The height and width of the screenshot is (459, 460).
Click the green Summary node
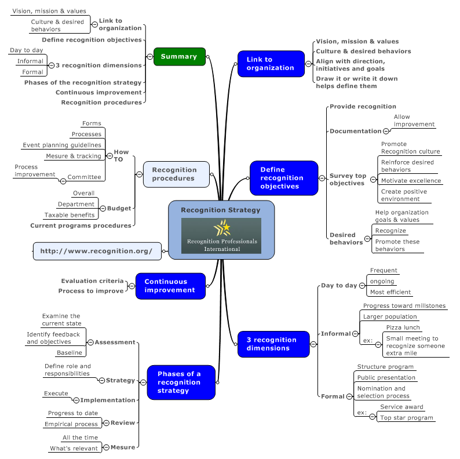[x=179, y=57]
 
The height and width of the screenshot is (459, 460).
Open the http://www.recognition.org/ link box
[x=97, y=251]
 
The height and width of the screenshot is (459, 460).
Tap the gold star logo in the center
[x=221, y=227]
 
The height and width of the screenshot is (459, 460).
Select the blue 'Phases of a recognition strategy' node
[x=181, y=382]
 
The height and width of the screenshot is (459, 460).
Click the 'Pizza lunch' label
[x=403, y=328]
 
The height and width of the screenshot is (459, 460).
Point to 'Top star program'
[x=406, y=418]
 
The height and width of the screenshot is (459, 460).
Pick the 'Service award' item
[x=401, y=407]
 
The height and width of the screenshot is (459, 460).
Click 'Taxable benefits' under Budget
[x=70, y=215]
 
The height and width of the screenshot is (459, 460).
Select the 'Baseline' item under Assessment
[x=69, y=353]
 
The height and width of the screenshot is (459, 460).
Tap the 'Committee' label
[x=84, y=177]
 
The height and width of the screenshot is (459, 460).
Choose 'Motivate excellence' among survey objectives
[x=411, y=181]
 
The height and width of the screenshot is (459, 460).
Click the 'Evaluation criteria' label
[x=92, y=281]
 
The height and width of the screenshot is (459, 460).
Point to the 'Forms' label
[x=92, y=123]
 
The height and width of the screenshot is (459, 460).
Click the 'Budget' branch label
[x=119, y=208]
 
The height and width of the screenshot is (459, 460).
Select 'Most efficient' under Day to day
[x=390, y=292]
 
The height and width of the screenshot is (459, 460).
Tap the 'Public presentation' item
[x=386, y=378]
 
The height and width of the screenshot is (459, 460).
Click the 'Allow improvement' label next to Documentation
[x=414, y=121]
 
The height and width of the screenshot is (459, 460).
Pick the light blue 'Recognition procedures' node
[x=176, y=174]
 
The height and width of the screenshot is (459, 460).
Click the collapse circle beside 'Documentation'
[x=386, y=132]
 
